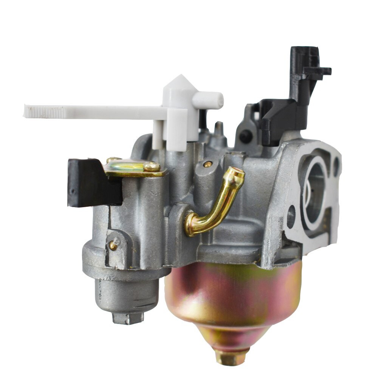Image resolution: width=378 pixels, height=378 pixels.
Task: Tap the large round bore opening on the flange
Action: point(316,193)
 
